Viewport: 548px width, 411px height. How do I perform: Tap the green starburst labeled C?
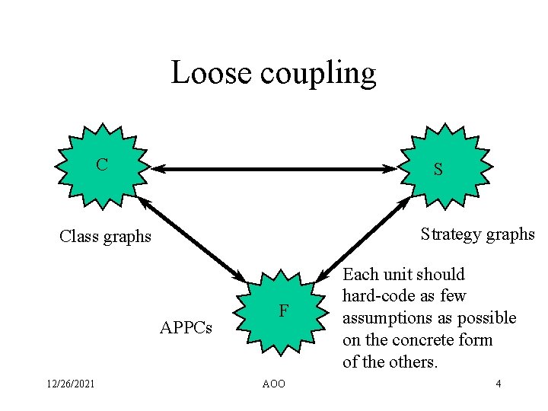(x=100, y=164)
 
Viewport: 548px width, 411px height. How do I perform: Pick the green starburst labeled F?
(x=282, y=311)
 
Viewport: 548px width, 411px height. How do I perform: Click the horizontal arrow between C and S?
(x=274, y=169)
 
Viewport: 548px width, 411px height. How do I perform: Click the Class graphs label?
(x=105, y=237)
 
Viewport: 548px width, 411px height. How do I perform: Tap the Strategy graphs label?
(x=477, y=234)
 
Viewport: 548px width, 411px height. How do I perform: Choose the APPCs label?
(x=186, y=328)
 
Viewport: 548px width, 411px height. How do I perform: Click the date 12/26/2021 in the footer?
(x=70, y=384)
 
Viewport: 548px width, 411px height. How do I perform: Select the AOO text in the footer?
(x=274, y=384)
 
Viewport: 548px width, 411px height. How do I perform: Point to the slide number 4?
(x=498, y=384)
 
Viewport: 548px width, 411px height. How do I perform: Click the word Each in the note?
(x=359, y=274)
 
